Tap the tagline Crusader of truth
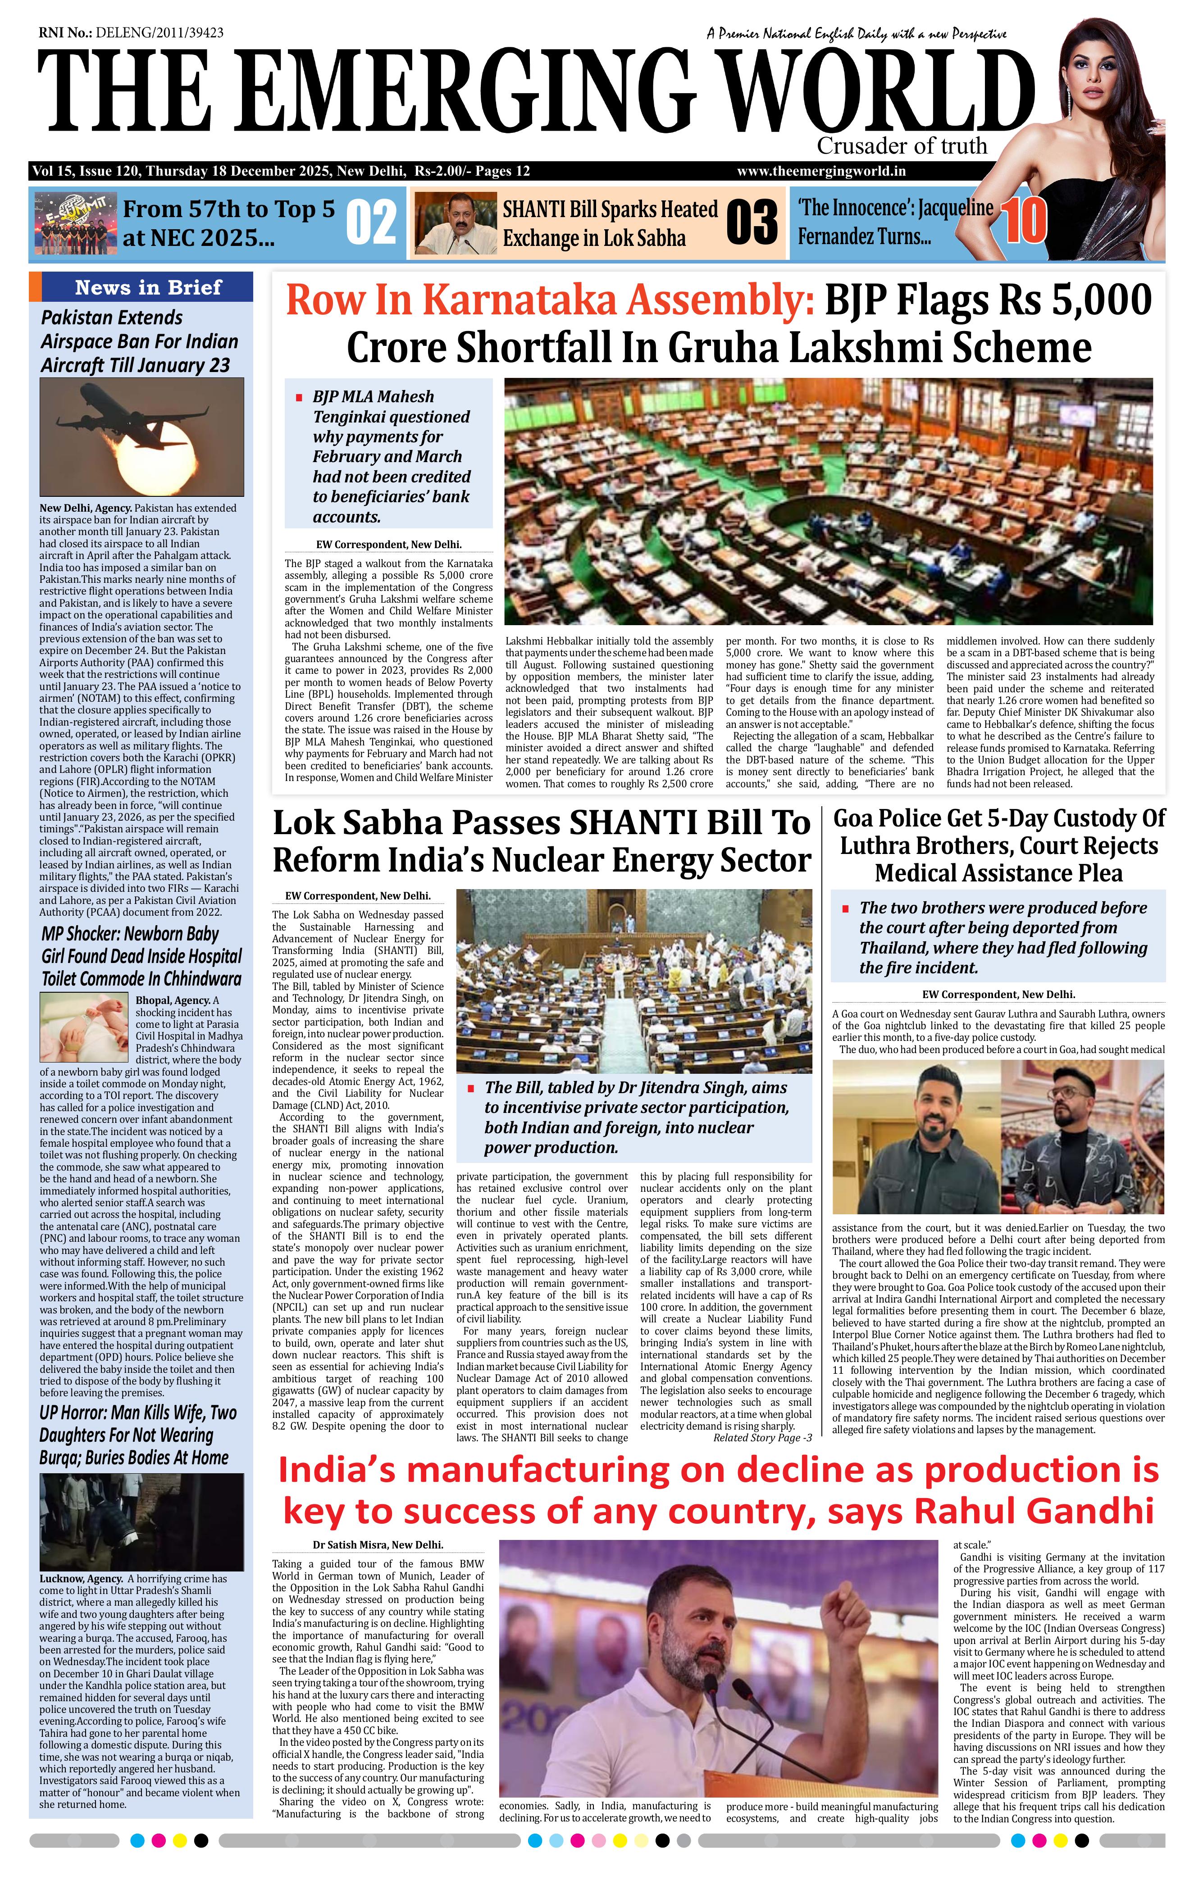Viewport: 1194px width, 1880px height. [902, 146]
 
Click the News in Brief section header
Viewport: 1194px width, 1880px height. [148, 287]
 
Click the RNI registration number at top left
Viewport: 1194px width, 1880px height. [131, 33]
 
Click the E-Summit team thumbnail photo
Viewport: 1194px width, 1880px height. [74, 223]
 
